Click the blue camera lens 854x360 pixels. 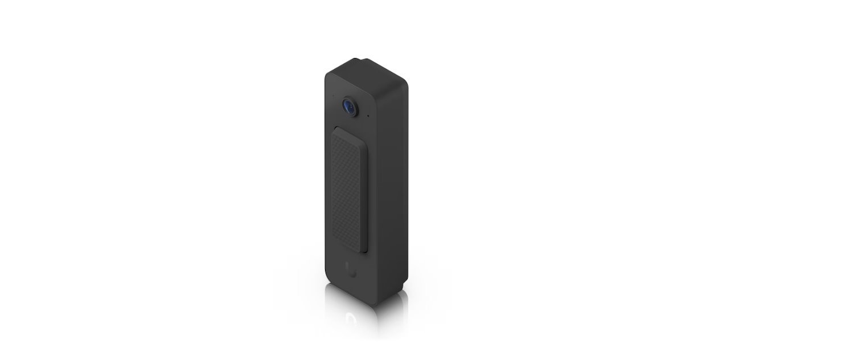click(x=349, y=105)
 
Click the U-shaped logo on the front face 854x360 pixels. click(x=351, y=272)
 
